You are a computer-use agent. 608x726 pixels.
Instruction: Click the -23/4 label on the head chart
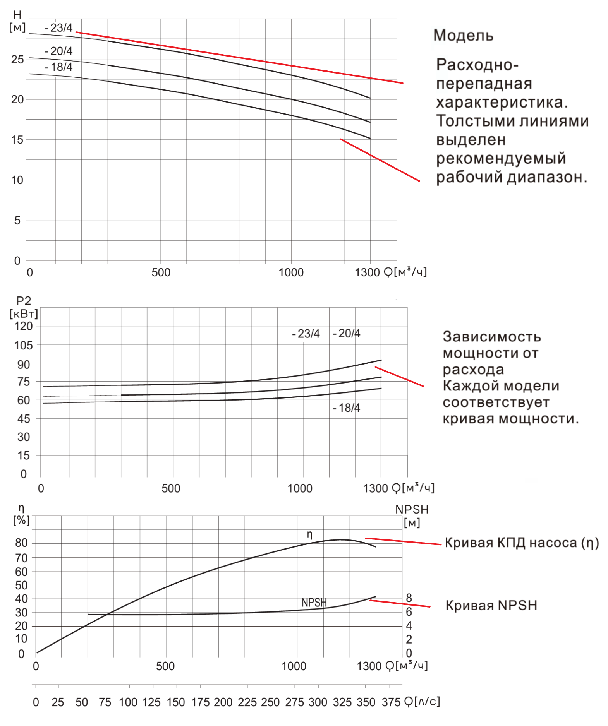coord(59,28)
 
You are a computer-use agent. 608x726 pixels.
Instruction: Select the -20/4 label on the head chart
coord(59,51)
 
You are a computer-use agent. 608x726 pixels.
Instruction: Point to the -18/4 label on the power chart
coord(347,408)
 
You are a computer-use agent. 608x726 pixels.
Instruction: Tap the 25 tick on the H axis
coord(17,60)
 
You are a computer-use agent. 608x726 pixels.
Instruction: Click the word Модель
coord(463,36)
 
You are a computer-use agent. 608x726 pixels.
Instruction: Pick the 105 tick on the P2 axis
coord(24,345)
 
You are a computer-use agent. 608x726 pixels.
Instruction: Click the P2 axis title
coord(24,301)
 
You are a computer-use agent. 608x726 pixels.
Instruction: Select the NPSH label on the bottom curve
coord(314,603)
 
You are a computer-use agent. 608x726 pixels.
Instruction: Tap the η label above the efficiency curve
coord(309,534)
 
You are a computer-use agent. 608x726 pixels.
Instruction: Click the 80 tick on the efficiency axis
coord(21,543)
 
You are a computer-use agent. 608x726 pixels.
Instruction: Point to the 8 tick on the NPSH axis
coord(409,598)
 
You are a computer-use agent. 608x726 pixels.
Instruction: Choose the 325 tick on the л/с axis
coord(342,702)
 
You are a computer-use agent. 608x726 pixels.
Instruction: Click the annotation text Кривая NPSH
coord(491,605)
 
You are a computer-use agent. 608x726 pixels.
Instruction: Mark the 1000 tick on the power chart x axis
coord(300,488)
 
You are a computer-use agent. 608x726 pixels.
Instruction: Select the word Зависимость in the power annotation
coord(492,337)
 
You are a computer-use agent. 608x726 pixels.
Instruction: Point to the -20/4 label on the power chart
coord(347,334)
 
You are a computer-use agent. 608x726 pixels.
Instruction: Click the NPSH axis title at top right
coord(412,509)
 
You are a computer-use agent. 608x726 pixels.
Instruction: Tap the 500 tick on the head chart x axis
coord(161,272)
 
